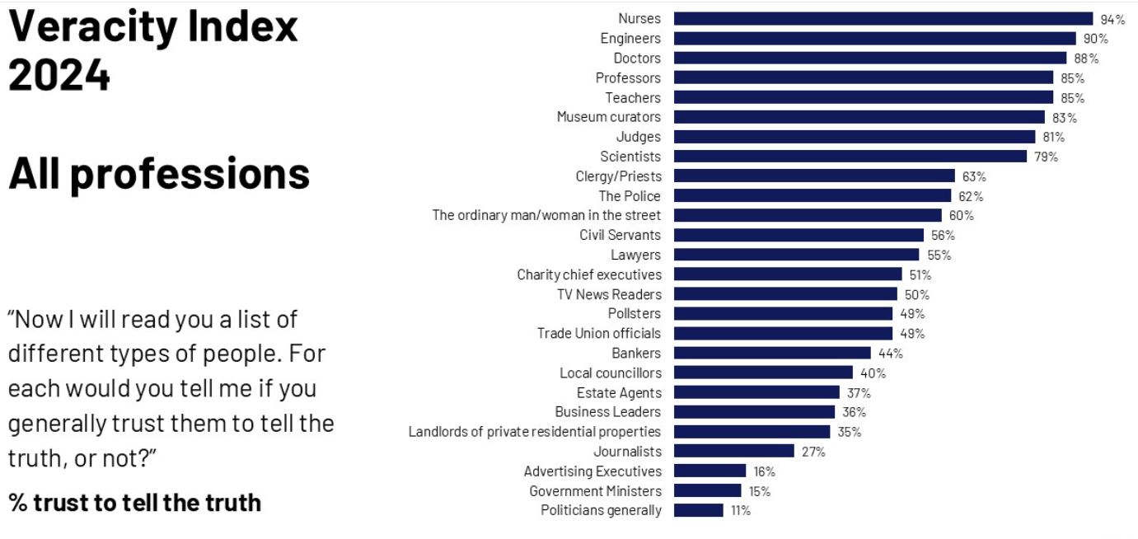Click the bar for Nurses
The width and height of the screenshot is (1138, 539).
tap(883, 19)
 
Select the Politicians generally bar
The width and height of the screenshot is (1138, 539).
tap(698, 510)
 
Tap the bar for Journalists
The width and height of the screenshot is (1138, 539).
tap(733, 451)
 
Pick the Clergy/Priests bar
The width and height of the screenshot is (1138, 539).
tap(814, 176)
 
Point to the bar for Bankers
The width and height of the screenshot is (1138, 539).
tap(772, 353)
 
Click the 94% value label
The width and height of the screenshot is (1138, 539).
tap(1112, 19)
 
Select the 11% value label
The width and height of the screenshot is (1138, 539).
tap(740, 510)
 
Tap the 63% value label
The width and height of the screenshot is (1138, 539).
tap(973, 176)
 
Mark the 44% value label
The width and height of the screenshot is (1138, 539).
tap(890, 353)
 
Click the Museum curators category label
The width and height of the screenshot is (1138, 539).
tap(608, 117)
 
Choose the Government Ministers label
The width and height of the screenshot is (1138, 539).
tap(595, 491)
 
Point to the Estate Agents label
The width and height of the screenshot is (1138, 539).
tap(618, 392)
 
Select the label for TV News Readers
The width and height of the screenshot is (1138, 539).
tap(609, 294)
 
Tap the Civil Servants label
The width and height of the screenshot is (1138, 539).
tap(620, 235)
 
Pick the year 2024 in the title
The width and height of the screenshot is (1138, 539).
tap(59, 77)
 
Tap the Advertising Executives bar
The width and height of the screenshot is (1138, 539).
tap(709, 471)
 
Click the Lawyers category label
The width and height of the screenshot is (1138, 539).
tap(635, 255)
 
